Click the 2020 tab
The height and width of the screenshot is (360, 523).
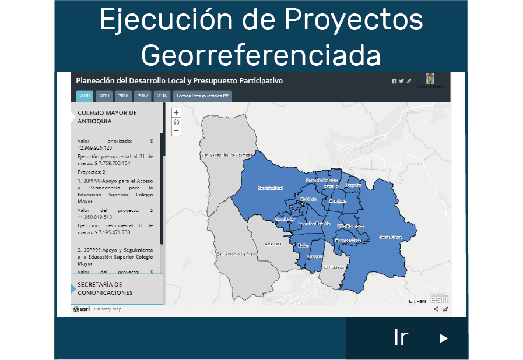click(x=85, y=96)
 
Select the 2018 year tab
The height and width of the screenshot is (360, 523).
click(x=123, y=96)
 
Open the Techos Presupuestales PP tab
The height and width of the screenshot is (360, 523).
click(x=202, y=96)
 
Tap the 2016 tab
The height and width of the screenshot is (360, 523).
click(x=162, y=96)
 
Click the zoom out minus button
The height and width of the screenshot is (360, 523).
click(x=176, y=132)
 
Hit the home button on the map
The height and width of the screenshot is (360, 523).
click(x=176, y=122)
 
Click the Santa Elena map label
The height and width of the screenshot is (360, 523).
click(x=390, y=237)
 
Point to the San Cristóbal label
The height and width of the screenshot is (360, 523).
click(x=270, y=188)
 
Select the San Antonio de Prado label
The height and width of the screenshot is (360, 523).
click(x=237, y=254)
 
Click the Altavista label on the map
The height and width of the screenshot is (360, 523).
click(x=273, y=243)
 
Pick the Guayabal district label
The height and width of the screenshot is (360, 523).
click(x=315, y=256)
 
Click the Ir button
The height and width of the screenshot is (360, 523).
click(x=407, y=338)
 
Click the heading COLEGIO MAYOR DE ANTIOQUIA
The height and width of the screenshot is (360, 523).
click(x=107, y=117)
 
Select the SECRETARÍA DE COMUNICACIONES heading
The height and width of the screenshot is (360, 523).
click(x=105, y=288)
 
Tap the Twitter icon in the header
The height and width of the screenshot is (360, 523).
click(x=401, y=81)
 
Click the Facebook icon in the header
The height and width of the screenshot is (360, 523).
click(x=394, y=81)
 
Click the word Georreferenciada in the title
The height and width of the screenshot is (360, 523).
click(x=261, y=55)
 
